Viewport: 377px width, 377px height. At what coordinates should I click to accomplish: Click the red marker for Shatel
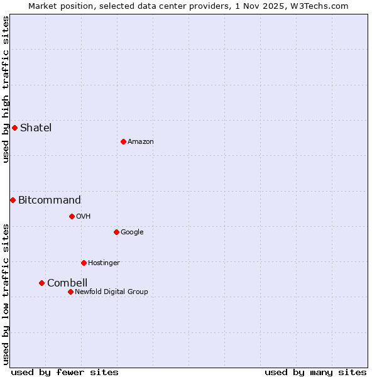pos(14,128)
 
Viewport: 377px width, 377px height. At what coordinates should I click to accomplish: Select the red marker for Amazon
pos(123,141)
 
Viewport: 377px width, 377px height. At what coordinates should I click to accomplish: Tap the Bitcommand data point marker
pos(13,200)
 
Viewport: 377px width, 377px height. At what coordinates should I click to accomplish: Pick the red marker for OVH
pos(72,216)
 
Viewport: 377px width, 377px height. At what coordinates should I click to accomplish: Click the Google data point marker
pos(116,232)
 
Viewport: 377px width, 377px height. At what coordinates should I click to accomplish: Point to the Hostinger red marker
pos(84,263)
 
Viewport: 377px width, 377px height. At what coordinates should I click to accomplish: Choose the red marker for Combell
pos(41,283)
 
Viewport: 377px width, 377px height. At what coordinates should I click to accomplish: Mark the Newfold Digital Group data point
pos(70,292)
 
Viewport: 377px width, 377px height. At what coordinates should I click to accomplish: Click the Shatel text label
pos(36,128)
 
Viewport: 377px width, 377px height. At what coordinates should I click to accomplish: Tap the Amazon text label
pos(141,141)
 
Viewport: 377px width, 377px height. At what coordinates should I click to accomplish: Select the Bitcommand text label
pos(50,200)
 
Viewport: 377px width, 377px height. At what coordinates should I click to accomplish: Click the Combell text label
pos(67,283)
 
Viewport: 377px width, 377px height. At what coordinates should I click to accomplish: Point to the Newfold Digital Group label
pos(111,292)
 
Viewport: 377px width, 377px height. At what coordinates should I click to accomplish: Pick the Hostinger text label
pos(104,263)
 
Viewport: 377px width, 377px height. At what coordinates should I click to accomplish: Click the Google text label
pos(132,232)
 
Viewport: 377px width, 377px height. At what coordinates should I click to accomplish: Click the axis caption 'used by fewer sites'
pos(65,372)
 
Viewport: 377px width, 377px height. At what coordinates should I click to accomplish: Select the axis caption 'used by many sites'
pos(315,372)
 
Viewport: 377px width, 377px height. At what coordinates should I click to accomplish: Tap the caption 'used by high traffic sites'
pos(6,89)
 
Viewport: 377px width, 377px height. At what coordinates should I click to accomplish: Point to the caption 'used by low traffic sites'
pos(6,293)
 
